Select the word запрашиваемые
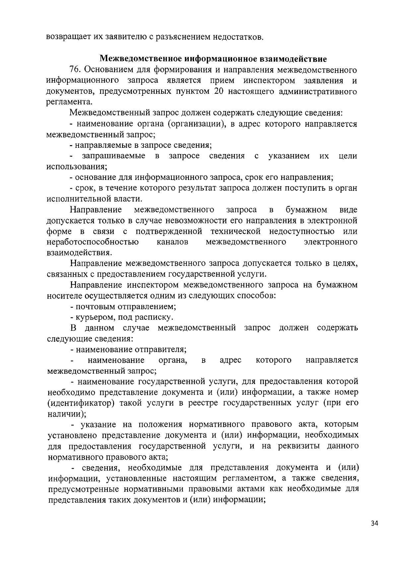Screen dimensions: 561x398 click(114, 156)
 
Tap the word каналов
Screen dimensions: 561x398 click(172, 242)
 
